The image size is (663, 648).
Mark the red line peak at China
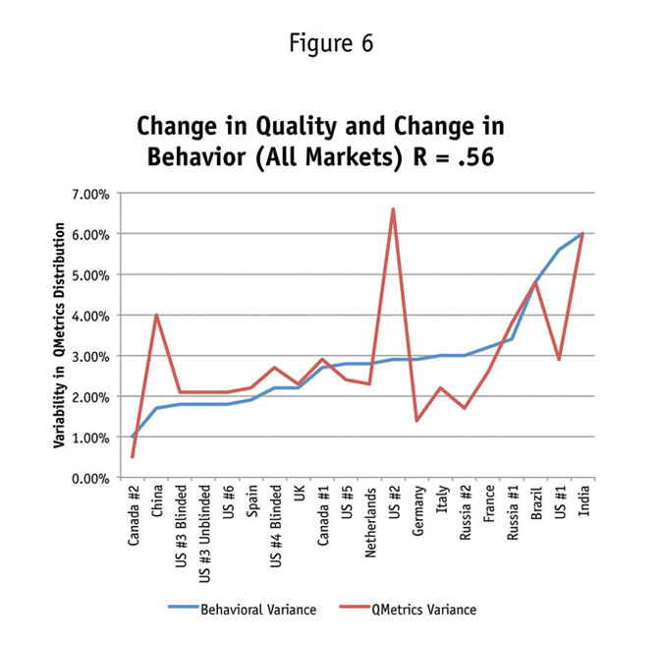point(156,315)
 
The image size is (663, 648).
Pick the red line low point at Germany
point(416,420)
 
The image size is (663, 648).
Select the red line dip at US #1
point(560,360)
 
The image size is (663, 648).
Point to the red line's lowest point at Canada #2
point(133,457)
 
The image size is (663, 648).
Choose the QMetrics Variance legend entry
point(422,610)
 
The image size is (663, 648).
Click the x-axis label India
point(584,501)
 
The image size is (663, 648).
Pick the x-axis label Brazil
point(537,502)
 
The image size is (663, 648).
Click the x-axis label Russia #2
point(466,511)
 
